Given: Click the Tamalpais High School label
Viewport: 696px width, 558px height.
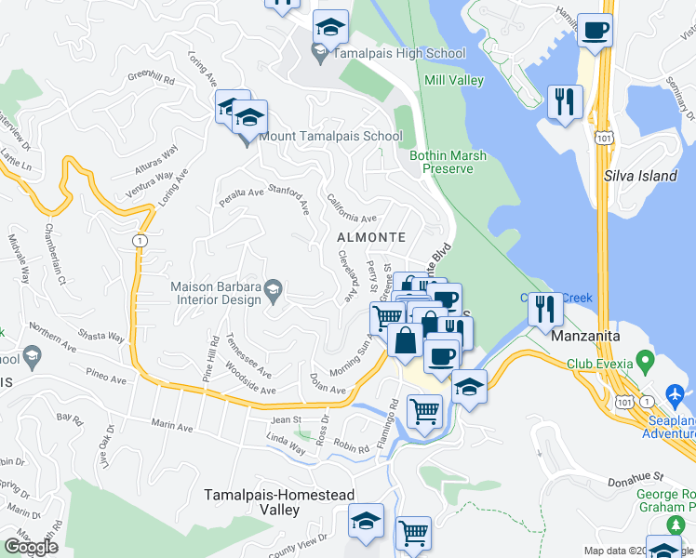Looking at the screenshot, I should [x=398, y=54].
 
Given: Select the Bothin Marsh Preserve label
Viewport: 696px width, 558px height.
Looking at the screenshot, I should [x=448, y=162].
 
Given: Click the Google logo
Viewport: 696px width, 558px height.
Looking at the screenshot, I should [x=31, y=547].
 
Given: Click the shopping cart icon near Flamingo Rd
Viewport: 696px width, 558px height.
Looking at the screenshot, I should [x=425, y=411].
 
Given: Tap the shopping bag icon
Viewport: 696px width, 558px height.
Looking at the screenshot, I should [x=406, y=339].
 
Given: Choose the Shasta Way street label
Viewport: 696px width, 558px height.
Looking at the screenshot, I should [x=102, y=337].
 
